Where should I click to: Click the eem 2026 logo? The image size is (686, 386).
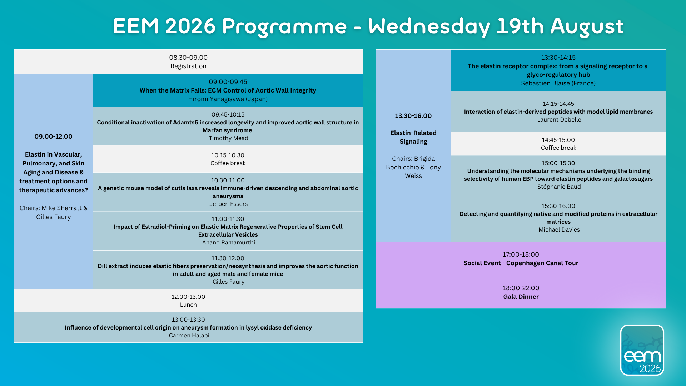(x=642, y=350)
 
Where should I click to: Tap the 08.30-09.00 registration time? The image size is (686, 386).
(x=188, y=58)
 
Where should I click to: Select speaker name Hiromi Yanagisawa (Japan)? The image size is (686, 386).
(x=228, y=99)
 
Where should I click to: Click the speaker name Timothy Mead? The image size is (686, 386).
(x=229, y=138)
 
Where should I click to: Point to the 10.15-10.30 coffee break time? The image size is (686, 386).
(x=228, y=155)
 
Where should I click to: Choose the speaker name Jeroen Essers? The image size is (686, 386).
(x=229, y=204)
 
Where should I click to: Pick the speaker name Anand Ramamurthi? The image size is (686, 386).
(x=229, y=243)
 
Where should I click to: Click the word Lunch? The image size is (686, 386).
(x=188, y=305)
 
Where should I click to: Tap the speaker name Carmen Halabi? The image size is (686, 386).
(x=189, y=336)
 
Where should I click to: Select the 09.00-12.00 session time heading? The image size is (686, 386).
(x=54, y=137)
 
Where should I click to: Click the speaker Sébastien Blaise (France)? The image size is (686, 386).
(x=558, y=83)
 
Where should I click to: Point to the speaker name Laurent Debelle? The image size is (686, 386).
(x=559, y=120)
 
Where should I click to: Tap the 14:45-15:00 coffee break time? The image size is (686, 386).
(x=558, y=140)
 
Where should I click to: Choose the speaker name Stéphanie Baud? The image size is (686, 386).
(x=559, y=187)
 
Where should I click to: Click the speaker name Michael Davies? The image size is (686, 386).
(x=559, y=230)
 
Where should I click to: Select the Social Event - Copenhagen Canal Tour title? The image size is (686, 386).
(x=521, y=263)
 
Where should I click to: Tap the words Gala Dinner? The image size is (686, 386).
(x=521, y=297)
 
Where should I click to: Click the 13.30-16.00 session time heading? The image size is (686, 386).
(x=413, y=116)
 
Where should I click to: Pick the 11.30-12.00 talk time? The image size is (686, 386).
(x=228, y=258)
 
